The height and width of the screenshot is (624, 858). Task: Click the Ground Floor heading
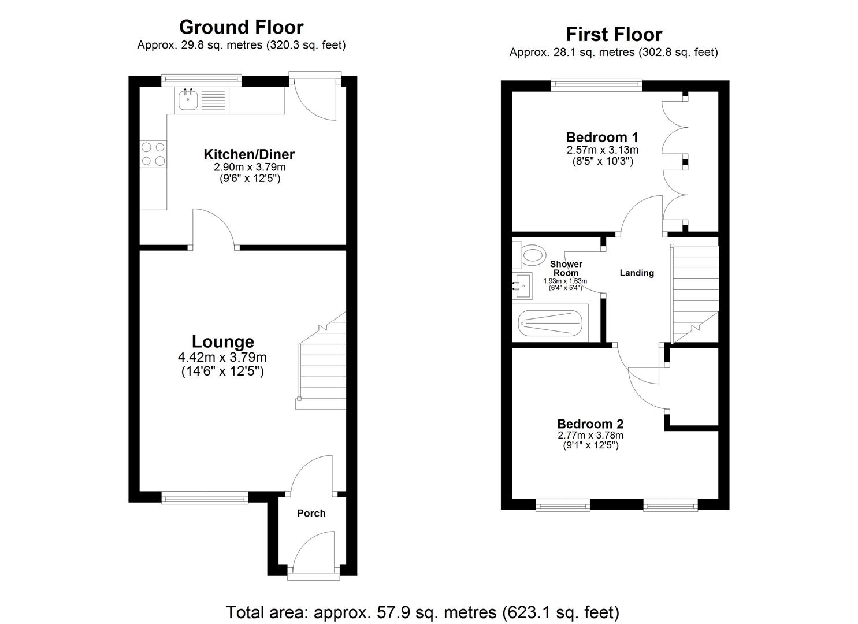241,27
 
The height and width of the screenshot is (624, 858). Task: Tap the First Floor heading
614,35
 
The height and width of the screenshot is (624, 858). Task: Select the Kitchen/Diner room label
249,154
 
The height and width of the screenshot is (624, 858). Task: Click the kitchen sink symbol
188,101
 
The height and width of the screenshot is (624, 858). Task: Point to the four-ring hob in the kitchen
153,154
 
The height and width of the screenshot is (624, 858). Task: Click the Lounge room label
222,342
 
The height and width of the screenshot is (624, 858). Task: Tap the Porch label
311,513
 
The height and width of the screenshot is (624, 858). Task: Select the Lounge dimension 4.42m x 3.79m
222,358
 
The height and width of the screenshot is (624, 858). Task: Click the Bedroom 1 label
602,138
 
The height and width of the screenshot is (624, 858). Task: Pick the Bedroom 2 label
590,424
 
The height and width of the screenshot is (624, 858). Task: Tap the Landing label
637,273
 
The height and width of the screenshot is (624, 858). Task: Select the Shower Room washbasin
522,285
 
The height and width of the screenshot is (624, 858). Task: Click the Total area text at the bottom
422,612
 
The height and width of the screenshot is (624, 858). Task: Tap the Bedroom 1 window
597,85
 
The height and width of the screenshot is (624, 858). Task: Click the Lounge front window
205,497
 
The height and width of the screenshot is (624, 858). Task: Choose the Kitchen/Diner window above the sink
201,80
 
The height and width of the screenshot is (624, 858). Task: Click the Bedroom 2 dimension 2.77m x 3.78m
590,435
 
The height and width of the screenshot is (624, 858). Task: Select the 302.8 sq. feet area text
678,53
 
